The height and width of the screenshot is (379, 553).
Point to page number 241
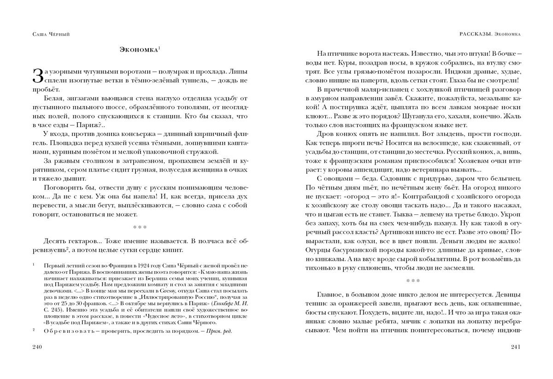[x=515, y=347]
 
